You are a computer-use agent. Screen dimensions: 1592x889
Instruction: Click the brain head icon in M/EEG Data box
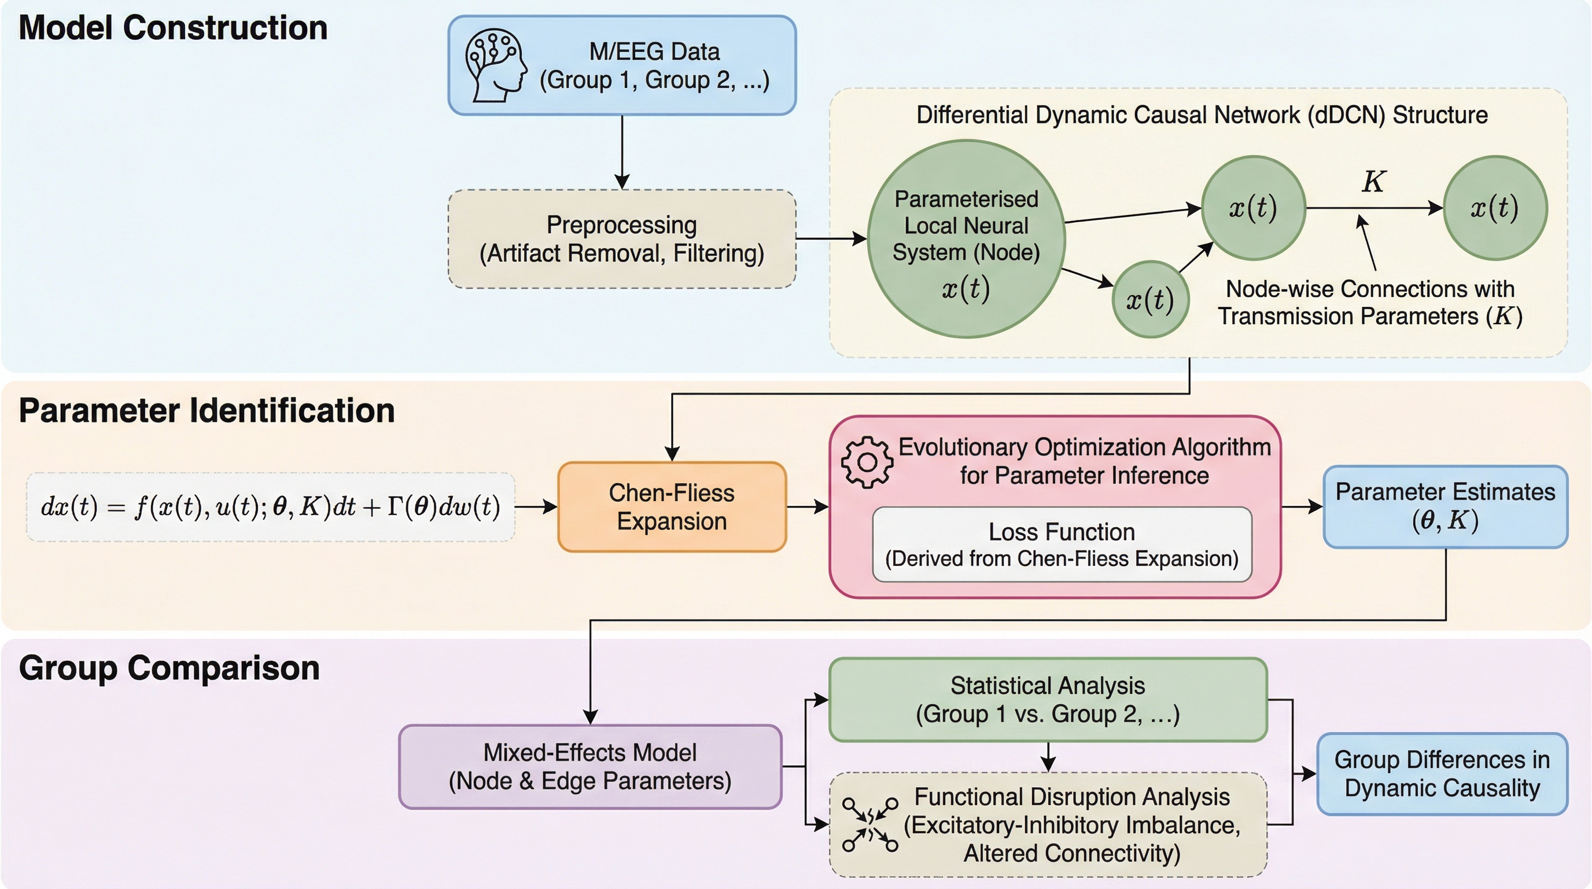(x=496, y=65)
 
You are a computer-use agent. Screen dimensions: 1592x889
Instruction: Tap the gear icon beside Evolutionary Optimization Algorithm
(x=867, y=462)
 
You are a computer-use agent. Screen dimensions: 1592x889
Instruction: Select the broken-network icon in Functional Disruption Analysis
(x=870, y=825)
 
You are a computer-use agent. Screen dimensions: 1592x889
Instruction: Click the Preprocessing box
(x=622, y=239)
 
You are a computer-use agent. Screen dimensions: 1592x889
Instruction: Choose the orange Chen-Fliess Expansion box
(x=672, y=507)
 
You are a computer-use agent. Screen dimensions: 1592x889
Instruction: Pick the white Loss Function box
(x=1062, y=545)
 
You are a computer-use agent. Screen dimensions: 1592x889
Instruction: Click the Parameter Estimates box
(x=1445, y=507)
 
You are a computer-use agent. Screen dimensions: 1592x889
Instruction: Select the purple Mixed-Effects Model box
(x=590, y=767)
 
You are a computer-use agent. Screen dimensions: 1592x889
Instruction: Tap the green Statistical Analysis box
(x=1048, y=700)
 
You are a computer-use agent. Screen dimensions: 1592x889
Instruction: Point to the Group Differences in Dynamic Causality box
(x=1442, y=774)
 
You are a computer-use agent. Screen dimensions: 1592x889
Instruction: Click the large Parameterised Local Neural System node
(x=967, y=238)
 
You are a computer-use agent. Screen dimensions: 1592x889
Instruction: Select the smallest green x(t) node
(x=1150, y=300)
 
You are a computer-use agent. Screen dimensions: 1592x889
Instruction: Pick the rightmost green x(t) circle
(x=1495, y=208)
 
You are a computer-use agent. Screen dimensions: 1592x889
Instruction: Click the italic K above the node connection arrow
(x=1373, y=182)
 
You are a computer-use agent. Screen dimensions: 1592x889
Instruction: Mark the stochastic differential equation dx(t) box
(x=270, y=507)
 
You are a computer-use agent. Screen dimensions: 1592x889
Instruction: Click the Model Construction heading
(x=173, y=28)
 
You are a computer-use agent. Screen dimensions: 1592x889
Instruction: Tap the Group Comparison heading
(x=169, y=668)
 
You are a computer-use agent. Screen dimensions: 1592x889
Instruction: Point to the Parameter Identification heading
(x=207, y=410)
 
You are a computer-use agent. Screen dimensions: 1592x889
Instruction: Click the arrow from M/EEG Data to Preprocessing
(x=622, y=153)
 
